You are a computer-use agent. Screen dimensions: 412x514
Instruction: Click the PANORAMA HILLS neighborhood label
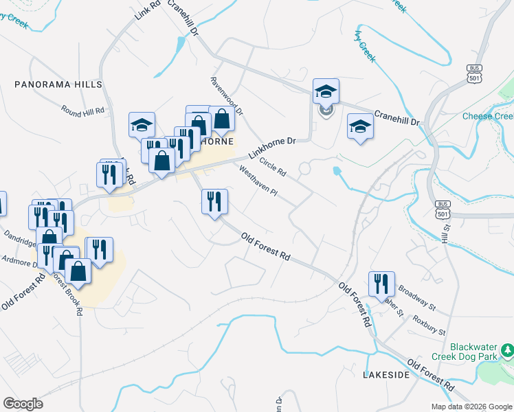pos(58,84)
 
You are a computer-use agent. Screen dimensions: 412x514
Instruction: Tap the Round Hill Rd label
pos(82,110)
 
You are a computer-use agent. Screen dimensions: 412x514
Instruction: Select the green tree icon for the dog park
pos(507,352)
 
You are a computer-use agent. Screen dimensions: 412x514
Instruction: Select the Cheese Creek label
pos(488,117)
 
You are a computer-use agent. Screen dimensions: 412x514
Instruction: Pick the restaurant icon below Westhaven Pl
pos(214,201)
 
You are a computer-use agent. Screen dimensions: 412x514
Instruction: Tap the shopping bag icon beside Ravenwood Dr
pos(222,119)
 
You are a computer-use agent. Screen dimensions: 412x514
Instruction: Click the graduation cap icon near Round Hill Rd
pos(142,125)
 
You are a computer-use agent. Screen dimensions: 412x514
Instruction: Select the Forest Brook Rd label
pos(69,295)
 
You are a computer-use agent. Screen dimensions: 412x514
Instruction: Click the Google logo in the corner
pos(23,404)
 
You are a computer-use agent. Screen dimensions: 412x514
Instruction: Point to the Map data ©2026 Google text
pos(471,407)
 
